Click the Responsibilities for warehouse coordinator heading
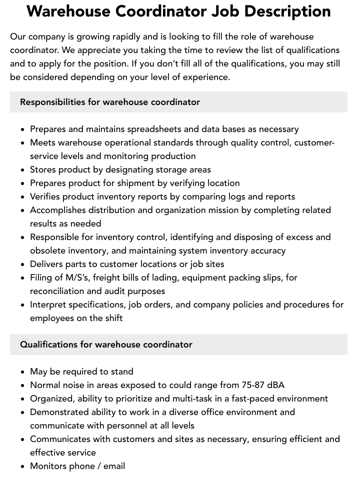click(x=110, y=102)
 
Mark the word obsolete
click(x=47, y=250)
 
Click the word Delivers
click(x=46, y=264)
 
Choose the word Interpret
click(x=48, y=304)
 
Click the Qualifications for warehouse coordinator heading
click(x=106, y=344)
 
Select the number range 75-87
click(x=251, y=385)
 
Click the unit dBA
click(x=275, y=385)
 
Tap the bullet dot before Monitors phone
click(x=22, y=466)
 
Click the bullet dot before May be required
click(x=22, y=372)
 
